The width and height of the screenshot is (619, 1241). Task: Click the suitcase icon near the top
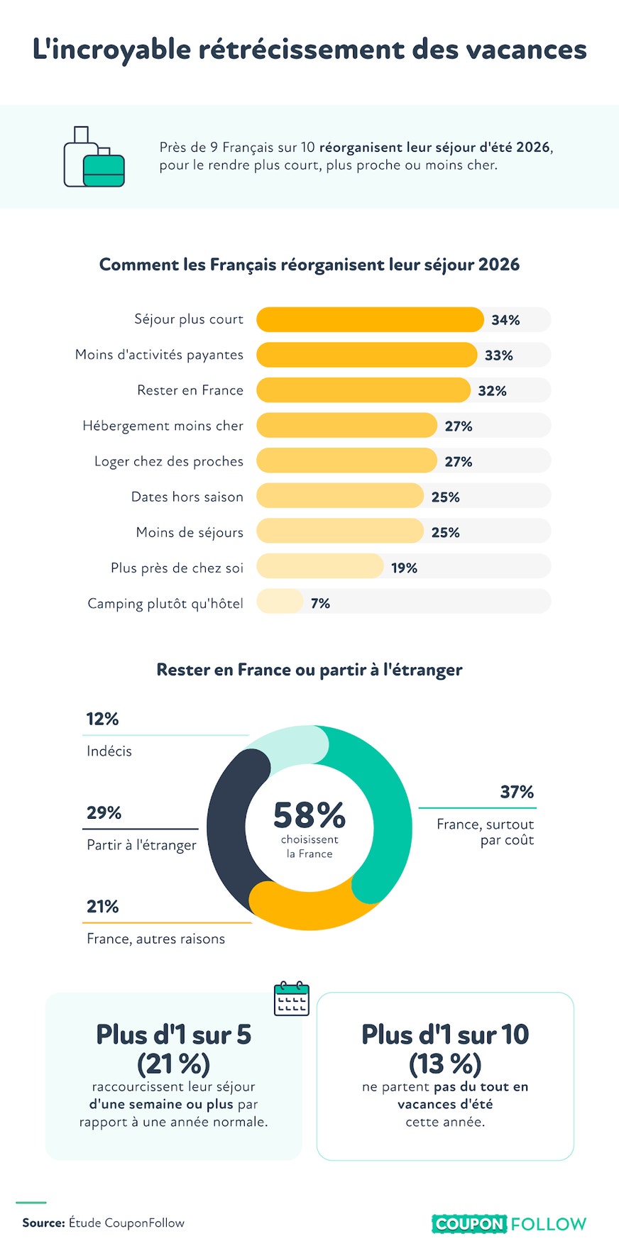tap(94, 157)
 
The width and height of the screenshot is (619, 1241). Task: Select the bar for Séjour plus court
tap(370, 319)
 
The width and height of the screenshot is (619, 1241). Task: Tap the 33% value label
tap(499, 355)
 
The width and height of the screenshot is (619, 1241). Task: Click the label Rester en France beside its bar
tap(190, 390)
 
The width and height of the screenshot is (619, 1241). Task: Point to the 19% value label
tap(404, 568)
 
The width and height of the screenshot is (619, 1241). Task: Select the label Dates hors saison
tap(187, 497)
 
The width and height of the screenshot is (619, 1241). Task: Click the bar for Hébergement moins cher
tap(346, 425)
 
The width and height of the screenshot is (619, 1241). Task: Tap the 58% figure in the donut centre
tap(309, 815)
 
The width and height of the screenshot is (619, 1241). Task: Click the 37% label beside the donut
tap(517, 792)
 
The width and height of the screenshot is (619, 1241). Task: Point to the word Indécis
tap(109, 751)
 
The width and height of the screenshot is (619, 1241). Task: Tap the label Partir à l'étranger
tap(141, 845)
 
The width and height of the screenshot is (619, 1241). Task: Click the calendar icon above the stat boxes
tap(292, 998)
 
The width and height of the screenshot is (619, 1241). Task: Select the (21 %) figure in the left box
tap(174, 1064)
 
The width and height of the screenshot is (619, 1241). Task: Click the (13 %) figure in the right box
tap(445, 1064)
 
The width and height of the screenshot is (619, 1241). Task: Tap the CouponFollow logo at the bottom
tap(509, 1223)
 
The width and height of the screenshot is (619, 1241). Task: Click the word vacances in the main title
tap(526, 50)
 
